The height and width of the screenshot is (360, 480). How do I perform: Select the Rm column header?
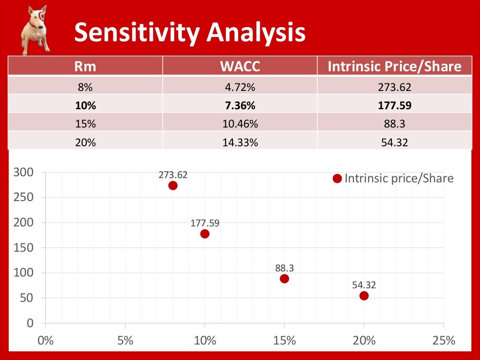(85, 67)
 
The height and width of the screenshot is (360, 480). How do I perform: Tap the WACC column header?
(240, 67)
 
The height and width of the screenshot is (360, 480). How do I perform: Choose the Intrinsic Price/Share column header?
(394, 67)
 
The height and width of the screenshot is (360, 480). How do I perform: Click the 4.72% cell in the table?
(240, 87)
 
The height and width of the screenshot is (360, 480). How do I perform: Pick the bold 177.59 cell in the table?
(394, 105)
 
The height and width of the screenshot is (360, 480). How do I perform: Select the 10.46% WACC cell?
(240, 124)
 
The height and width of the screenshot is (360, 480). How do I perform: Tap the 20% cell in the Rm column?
(85, 142)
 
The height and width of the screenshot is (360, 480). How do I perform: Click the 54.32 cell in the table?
(394, 142)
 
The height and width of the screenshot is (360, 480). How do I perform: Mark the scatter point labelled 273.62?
(173, 185)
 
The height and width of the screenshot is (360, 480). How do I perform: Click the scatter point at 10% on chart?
(205, 233)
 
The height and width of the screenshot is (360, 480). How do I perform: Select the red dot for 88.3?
(285, 278)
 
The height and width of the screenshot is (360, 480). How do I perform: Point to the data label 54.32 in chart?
(364, 285)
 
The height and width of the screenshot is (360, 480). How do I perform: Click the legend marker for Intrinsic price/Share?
(337, 179)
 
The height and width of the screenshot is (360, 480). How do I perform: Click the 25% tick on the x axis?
(443, 340)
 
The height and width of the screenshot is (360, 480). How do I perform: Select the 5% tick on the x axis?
(125, 340)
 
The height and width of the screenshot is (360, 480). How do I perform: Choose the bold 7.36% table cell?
(240, 105)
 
